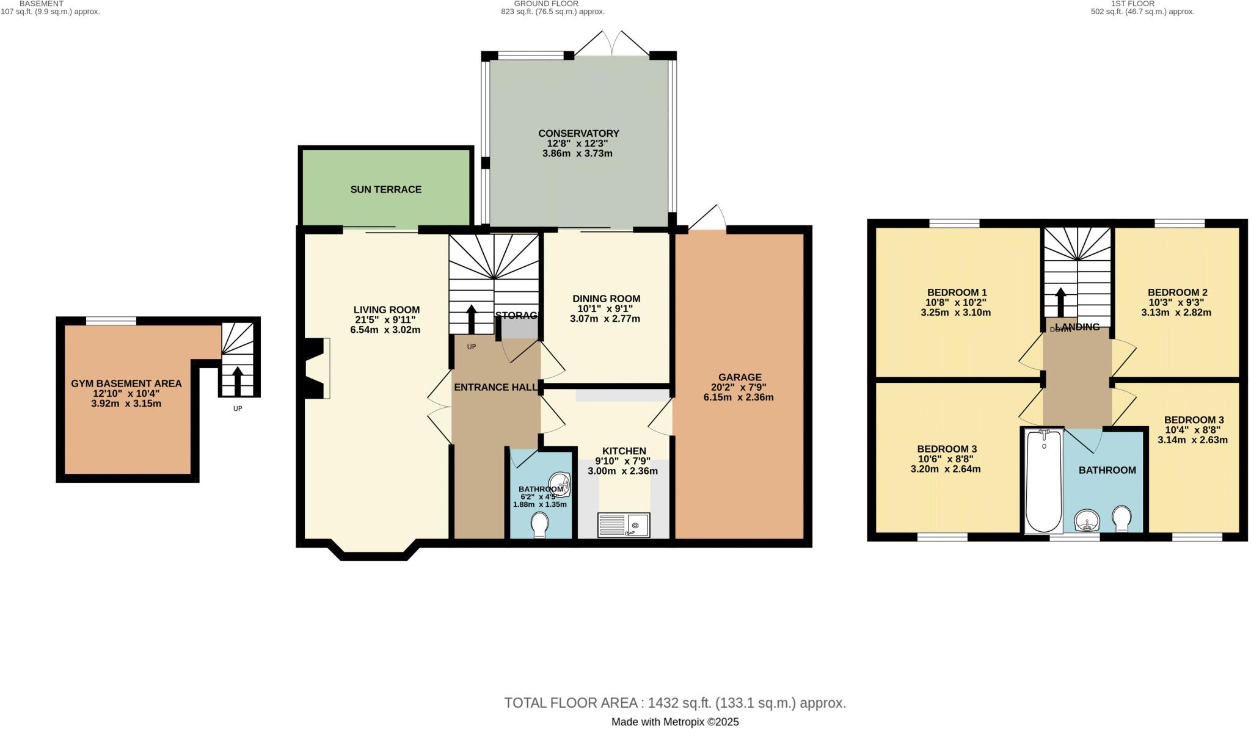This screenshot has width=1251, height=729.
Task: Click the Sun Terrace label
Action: click(x=385, y=189)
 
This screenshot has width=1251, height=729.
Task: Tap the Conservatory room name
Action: click(x=578, y=133)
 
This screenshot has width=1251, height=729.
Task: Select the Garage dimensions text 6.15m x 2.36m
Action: click(x=739, y=397)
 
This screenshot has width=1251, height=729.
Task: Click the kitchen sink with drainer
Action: click(x=623, y=525)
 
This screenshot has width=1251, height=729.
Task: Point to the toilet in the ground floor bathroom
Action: click(x=539, y=524)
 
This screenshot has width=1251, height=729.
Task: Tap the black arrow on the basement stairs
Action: click(x=238, y=379)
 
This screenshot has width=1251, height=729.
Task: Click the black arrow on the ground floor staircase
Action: click(x=472, y=318)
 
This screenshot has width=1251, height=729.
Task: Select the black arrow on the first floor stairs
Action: click(x=1061, y=301)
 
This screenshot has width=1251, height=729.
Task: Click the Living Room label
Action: click(x=387, y=310)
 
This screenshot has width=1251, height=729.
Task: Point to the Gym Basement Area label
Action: click(x=126, y=383)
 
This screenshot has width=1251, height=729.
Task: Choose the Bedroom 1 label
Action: click(x=957, y=292)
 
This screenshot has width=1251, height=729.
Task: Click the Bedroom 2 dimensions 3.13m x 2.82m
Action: click(x=1176, y=312)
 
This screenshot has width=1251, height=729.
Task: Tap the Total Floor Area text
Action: click(x=674, y=703)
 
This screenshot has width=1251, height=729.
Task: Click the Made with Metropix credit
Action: click(x=674, y=722)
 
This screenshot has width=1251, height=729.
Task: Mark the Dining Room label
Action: click(x=606, y=299)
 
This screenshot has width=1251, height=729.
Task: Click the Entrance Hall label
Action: click(x=495, y=387)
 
